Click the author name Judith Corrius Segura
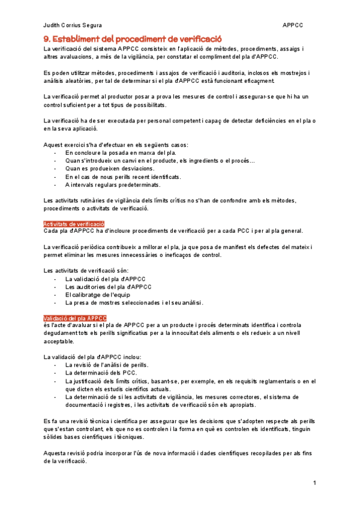click(x=73, y=25)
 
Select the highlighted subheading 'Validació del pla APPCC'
click(x=75, y=318)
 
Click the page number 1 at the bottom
click(x=314, y=483)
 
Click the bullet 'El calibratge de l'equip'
click(x=97, y=294)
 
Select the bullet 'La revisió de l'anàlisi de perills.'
click(x=107, y=365)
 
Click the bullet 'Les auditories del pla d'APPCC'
click(x=108, y=286)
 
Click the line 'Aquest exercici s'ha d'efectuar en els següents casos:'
click(x=116, y=145)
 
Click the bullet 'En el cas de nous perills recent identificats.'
click(x=123, y=176)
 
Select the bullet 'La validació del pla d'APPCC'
click(x=104, y=279)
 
